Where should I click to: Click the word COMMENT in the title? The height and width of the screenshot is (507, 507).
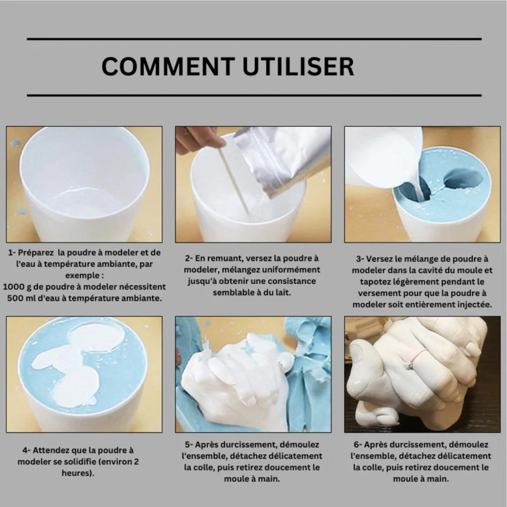pos(168,66)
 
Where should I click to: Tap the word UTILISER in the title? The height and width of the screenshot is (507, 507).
pos(299,66)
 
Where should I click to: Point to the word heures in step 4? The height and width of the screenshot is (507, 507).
pos(77,473)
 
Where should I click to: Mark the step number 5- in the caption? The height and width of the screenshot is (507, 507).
pos(189,445)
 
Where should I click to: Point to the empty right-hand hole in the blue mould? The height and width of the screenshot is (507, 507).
pos(464,178)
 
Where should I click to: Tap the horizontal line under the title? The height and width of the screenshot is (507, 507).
pos(254,95)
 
